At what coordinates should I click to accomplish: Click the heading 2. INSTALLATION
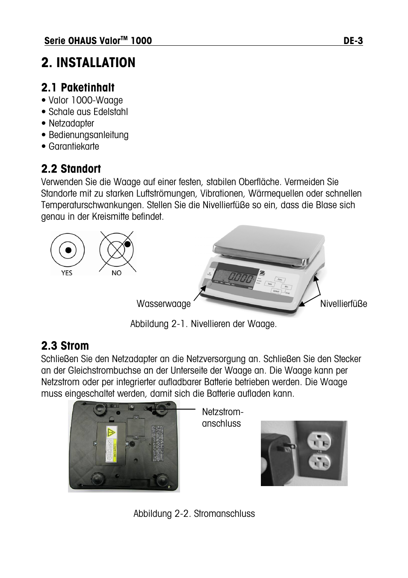point(88,62)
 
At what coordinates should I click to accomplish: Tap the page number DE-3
point(353,41)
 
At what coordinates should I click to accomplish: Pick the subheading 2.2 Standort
point(71,168)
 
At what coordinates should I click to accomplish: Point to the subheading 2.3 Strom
point(65,345)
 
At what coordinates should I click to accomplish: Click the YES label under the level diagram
point(67,273)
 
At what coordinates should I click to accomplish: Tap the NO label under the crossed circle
point(116,273)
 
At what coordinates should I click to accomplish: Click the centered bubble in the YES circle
point(68,250)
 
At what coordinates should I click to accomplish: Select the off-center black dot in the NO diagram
point(127,244)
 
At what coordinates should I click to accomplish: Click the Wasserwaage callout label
point(163,304)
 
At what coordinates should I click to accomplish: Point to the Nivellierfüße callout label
point(343,304)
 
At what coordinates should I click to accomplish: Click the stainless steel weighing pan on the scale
point(269,242)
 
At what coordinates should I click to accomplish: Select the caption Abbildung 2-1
point(203,324)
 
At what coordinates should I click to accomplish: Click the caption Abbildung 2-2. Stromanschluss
point(194,513)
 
